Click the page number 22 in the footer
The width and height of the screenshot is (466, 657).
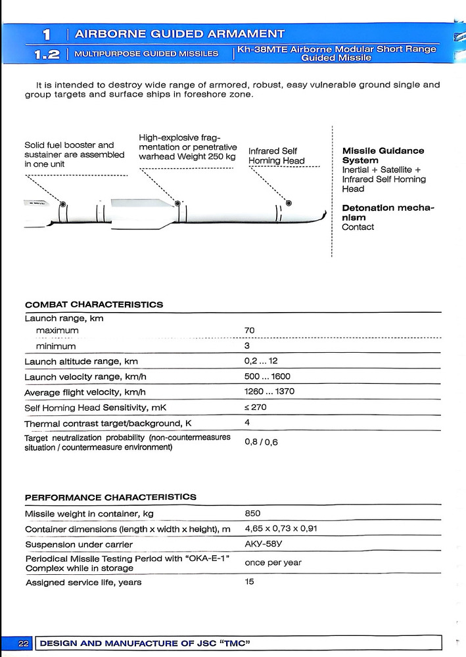(24, 643)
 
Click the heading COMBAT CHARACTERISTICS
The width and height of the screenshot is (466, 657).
(94, 305)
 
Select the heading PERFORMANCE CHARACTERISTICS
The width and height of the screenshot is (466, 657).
(110, 497)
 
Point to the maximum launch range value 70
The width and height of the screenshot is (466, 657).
(250, 330)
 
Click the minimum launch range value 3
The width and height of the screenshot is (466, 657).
(247, 346)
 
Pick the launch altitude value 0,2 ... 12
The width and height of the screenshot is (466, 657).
(261, 361)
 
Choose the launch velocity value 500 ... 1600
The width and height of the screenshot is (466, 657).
(267, 377)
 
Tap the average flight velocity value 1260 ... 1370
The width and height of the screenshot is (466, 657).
(269, 392)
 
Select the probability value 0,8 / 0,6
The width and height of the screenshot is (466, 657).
(261, 442)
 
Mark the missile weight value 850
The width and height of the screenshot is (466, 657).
(252, 514)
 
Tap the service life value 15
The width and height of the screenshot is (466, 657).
(250, 582)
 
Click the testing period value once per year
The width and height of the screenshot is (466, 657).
(273, 563)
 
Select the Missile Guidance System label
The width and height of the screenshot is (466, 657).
(383, 156)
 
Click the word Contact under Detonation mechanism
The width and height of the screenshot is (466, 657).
(358, 227)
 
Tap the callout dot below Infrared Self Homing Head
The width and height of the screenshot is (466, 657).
(289, 202)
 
